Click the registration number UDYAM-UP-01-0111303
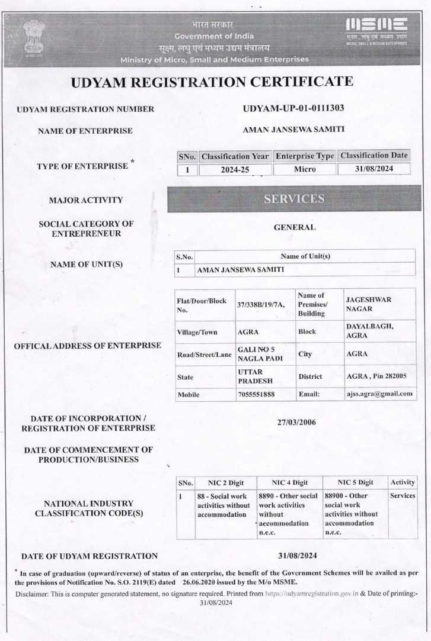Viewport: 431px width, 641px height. (293, 108)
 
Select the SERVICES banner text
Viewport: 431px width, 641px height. (294, 199)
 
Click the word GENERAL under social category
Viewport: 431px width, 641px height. (295, 227)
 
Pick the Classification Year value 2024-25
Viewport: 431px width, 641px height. (235, 169)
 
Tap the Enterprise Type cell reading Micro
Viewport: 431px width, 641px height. (305, 169)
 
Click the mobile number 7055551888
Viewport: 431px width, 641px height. (256, 394)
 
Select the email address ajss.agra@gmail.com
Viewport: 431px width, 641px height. (379, 394)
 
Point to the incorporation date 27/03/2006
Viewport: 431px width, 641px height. (296, 422)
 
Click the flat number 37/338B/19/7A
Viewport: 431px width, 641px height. (261, 304)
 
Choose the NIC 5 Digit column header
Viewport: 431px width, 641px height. (355, 482)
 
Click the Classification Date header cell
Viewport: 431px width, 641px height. (374, 156)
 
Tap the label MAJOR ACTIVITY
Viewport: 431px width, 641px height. (86, 200)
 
